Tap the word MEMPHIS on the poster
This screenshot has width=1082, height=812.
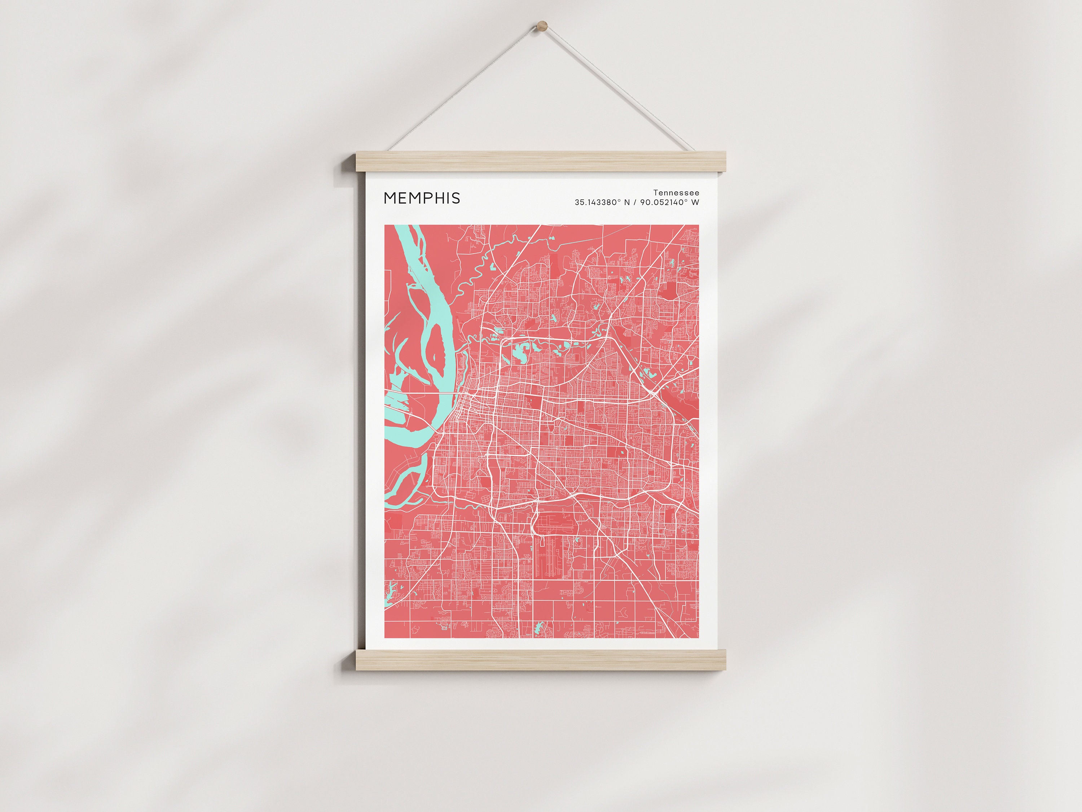422,198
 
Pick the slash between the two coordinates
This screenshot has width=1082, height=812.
635,202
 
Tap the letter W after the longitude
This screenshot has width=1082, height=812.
695,202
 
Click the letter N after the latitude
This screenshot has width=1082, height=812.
627,202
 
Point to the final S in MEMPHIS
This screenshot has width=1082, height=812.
456,198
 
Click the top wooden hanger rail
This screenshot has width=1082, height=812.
541,162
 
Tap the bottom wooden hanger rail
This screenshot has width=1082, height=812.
541,660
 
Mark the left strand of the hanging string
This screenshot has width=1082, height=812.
465,88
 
